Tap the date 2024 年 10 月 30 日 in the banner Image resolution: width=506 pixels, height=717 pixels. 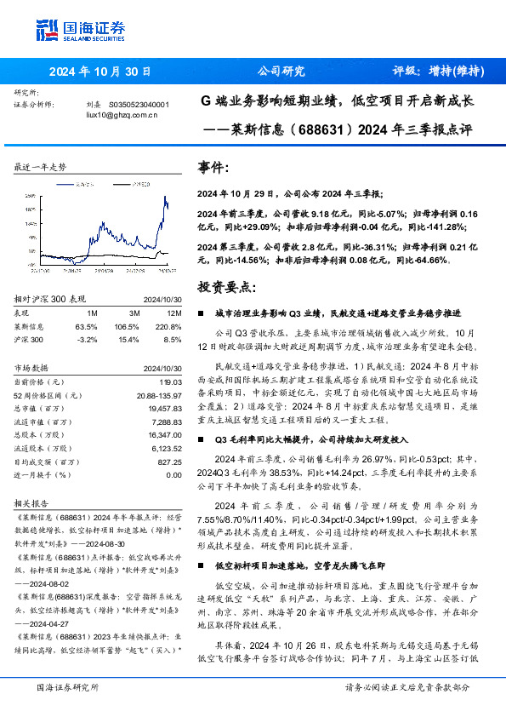click(x=99, y=72)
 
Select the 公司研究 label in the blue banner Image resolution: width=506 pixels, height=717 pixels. click(x=281, y=72)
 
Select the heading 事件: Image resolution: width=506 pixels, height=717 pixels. click(x=212, y=168)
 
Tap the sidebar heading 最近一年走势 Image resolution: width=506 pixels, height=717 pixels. click(x=40, y=168)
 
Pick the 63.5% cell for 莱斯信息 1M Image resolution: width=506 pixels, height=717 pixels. click(x=87, y=326)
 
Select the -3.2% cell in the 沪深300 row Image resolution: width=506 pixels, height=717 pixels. click(x=87, y=339)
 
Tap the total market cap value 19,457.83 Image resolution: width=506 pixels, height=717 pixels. click(x=162, y=409)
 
